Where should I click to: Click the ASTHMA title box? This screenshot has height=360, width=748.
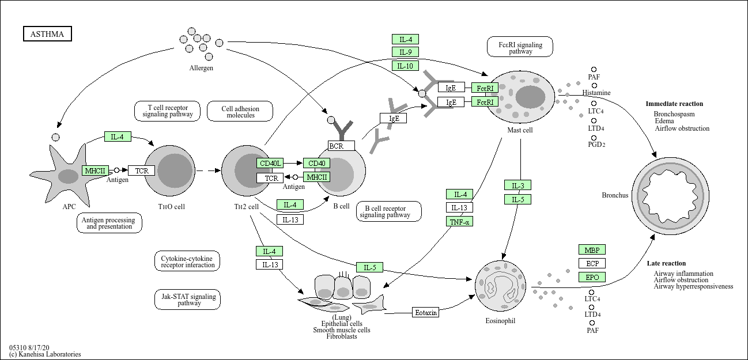click(47, 35)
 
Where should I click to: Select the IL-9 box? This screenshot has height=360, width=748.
click(405, 52)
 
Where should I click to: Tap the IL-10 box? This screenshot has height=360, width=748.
click(405, 66)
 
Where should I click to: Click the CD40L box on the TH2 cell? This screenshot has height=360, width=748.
click(270, 164)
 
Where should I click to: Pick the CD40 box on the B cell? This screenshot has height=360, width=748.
click(317, 164)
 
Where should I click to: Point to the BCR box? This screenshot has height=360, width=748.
click(341, 146)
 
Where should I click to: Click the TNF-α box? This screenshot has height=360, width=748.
click(459, 221)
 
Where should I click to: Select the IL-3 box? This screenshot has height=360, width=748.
click(517, 185)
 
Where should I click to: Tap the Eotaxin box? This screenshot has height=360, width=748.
click(426, 312)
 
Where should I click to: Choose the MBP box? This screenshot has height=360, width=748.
click(592, 250)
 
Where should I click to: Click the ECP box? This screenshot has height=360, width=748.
click(592, 263)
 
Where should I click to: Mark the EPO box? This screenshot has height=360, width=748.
click(592, 277)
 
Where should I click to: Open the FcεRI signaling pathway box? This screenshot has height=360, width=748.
click(520, 47)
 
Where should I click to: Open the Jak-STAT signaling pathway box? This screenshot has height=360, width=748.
click(187, 300)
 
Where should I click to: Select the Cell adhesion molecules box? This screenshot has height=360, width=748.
click(240, 111)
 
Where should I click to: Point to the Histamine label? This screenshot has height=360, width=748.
click(596, 93)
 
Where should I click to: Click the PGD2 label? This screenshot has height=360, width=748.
click(596, 144)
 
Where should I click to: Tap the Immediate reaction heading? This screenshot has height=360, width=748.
click(674, 104)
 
